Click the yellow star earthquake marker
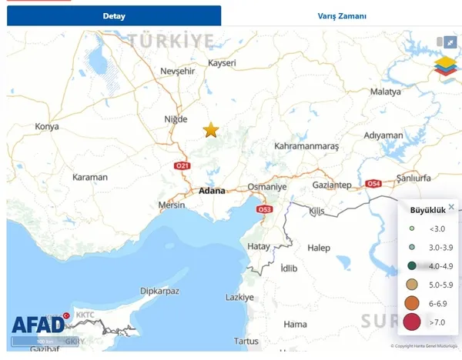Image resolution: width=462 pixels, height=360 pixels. coord(211,130)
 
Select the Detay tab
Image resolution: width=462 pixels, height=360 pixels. coord(114,16)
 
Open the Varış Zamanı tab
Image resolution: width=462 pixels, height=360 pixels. coord(342,16)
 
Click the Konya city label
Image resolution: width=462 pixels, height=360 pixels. coord(47,126)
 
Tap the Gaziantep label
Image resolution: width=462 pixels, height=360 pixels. coord(333,185)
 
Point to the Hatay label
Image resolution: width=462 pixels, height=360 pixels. coord(259,246)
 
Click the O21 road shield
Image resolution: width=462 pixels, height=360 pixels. coord(182,166)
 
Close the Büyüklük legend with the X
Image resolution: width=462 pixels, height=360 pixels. coord(451,207)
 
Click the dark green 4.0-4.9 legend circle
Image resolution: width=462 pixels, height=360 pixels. coord(413,266)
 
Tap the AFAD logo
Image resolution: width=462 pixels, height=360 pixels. coord(38,325)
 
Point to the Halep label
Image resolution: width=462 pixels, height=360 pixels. coord(318,248)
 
